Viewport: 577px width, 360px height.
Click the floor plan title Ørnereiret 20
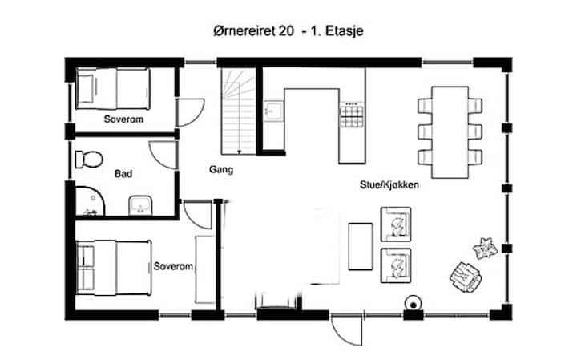pos(253,31)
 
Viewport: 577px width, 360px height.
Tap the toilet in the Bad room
pos(89,160)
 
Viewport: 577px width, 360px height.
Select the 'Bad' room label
pos(123,174)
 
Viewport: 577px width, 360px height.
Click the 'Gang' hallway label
pos(221,170)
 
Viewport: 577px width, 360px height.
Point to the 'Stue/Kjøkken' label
pos(389,184)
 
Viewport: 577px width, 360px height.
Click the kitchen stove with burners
pos(352,115)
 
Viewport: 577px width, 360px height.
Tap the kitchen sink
pos(274,111)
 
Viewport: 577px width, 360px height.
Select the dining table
pos(450,132)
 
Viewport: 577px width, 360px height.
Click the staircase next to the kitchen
pos(239,111)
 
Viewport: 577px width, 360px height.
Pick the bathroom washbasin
pos(140,205)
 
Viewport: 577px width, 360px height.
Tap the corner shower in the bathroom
pos(90,201)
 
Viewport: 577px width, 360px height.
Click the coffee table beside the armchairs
pos(361,246)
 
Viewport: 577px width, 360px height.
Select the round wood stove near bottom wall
pos(414,304)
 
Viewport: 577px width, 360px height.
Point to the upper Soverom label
pos(123,119)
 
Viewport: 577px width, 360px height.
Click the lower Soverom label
pos(173,266)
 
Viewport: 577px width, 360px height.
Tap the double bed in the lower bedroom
pos(114,268)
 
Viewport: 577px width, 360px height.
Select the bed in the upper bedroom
pos(113,89)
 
